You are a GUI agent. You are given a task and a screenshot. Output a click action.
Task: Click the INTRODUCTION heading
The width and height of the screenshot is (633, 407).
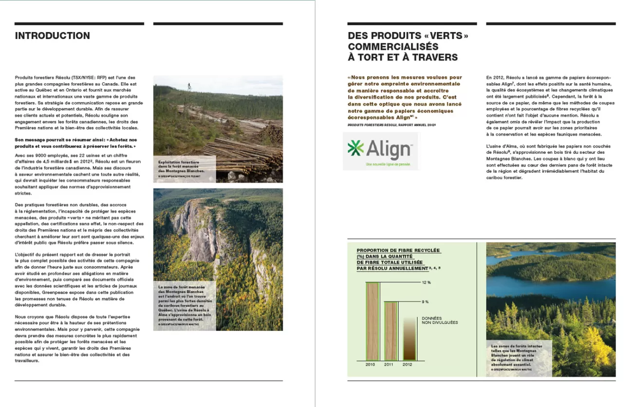(x=52, y=36)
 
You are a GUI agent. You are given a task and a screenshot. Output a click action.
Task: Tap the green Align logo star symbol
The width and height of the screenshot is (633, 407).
(x=356, y=149)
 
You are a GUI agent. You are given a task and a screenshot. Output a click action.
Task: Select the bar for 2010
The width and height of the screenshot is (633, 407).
(x=372, y=321)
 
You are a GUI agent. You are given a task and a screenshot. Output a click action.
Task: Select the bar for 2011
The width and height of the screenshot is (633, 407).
(x=391, y=331)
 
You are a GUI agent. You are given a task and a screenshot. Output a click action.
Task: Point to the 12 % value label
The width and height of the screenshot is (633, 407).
(x=427, y=282)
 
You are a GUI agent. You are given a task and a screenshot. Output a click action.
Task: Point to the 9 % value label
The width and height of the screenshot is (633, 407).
(x=426, y=302)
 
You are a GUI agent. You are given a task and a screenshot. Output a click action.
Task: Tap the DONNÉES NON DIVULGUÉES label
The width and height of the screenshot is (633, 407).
(x=440, y=320)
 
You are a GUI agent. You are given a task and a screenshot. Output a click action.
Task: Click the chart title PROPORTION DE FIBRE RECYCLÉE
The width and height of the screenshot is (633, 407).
(x=398, y=251)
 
